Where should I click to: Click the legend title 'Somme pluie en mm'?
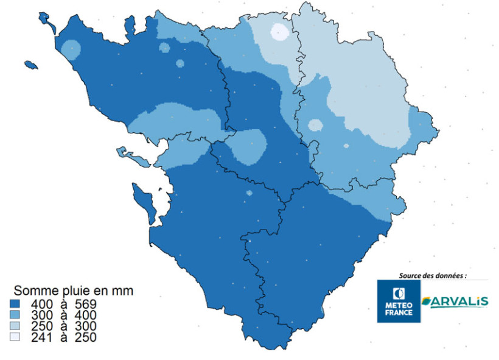click(73, 291)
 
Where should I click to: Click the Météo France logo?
click(399, 301)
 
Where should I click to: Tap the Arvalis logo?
click(455, 302)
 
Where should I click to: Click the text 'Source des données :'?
click(433, 275)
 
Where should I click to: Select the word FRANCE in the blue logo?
click(399, 312)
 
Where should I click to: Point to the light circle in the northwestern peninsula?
click(72, 49)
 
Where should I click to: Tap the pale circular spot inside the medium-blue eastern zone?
click(315, 125)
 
